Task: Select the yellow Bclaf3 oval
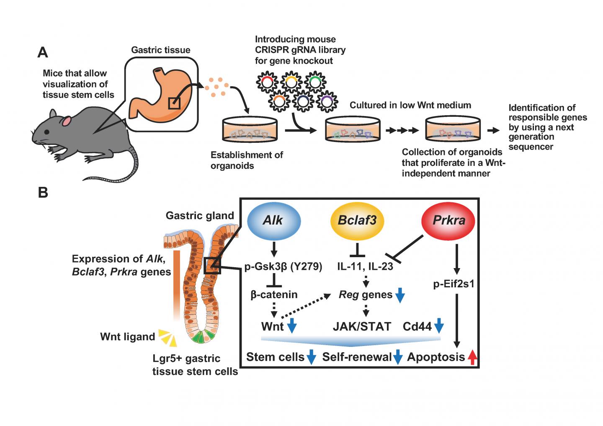[x=357, y=221]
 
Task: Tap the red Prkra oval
[x=449, y=220]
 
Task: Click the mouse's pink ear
[x=67, y=122]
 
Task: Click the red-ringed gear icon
[x=267, y=83]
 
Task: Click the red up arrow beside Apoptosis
[x=472, y=357]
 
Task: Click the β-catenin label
[x=274, y=294]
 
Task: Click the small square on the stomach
[x=174, y=103]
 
